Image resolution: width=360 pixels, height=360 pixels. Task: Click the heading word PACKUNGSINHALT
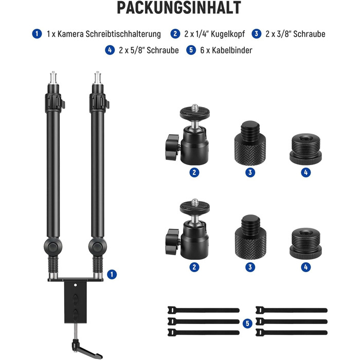[x=179, y=8]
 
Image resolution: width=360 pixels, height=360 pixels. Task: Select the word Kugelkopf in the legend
[x=228, y=34]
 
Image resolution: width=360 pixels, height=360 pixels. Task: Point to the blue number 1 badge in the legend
[x=37, y=34]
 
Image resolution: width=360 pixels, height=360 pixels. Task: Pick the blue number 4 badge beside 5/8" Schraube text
[x=110, y=50]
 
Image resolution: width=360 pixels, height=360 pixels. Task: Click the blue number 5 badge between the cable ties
[x=247, y=323]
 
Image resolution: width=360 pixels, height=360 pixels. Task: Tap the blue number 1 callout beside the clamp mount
[x=112, y=274]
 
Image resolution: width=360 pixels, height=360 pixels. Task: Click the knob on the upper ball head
[x=172, y=147]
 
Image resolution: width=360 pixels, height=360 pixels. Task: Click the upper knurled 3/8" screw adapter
[x=250, y=143]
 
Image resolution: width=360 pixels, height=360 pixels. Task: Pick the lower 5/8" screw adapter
[x=305, y=244]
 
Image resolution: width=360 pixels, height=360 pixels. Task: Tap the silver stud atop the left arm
[x=53, y=78]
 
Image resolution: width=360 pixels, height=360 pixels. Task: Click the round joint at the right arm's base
[x=98, y=247]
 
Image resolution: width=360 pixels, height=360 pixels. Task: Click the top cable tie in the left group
[x=204, y=310]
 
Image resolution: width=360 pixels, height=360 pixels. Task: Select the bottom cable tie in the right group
[x=292, y=332]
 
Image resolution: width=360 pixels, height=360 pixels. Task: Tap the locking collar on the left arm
[x=54, y=102]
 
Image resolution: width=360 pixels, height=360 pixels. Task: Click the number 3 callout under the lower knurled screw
[x=250, y=267]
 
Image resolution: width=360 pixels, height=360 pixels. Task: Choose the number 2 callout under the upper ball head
[x=194, y=172]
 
